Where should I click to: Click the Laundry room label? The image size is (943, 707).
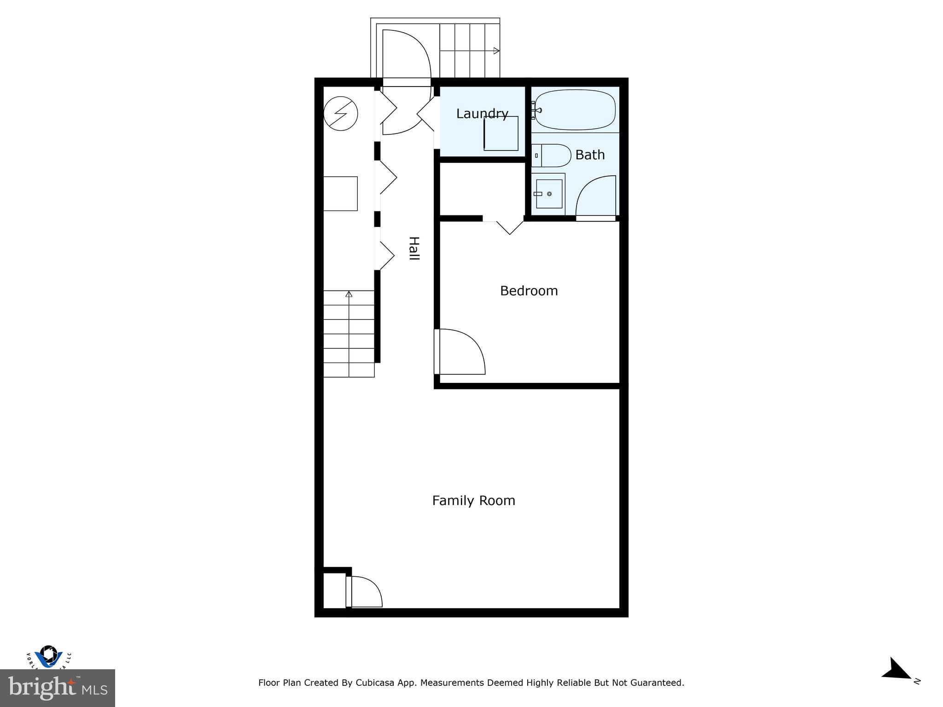coord(482,114)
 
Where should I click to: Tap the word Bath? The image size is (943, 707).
coord(590,155)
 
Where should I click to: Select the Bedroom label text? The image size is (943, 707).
coord(529,291)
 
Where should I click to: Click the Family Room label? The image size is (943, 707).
coord(473,501)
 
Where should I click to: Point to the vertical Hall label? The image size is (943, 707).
coord(414,249)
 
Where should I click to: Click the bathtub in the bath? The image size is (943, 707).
coord(575,110)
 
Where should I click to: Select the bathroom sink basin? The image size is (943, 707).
coord(549,194)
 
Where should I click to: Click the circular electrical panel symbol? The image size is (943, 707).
coord(341,113)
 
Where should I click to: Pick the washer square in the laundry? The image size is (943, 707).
coord(501,133)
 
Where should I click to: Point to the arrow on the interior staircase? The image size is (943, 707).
coord(349,294)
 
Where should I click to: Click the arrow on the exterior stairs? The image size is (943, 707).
coord(496,51)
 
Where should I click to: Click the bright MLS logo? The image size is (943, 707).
coord(57,688)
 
